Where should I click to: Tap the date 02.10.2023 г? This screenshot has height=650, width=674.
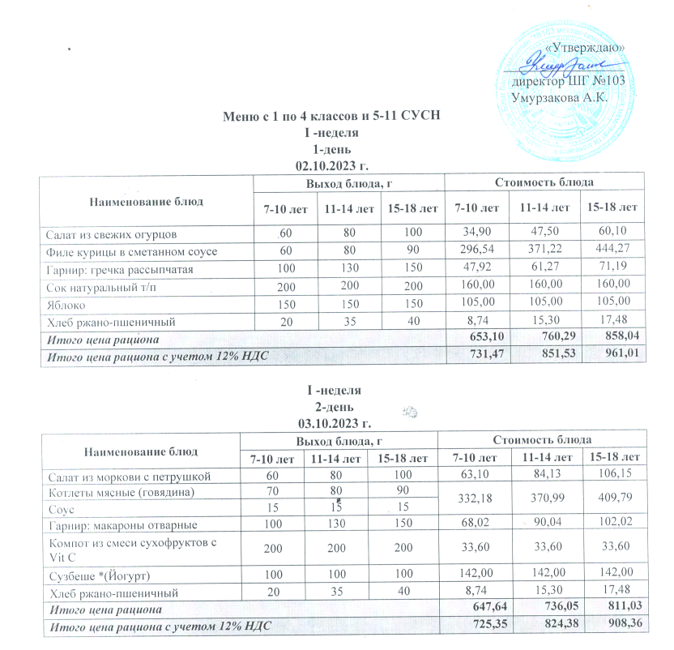click(335, 165)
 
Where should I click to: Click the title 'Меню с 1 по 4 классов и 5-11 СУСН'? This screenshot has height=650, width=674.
click(335, 115)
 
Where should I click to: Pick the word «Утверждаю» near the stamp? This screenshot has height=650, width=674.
click(583, 49)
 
